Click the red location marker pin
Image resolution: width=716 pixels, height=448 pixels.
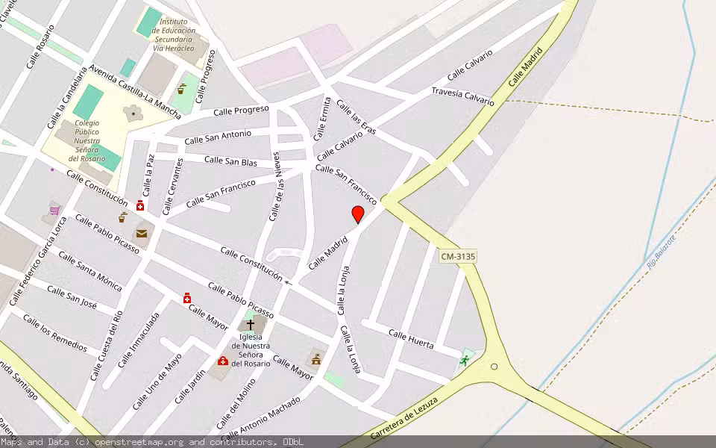pos(358,214)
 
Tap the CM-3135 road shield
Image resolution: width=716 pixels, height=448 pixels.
pos(458,256)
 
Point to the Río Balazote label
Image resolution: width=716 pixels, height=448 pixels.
pos(660,249)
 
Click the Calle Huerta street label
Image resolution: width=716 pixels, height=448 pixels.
pos(411,339)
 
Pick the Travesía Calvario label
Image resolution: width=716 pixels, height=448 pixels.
pos(462,96)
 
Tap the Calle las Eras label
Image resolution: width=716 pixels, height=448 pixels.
pos(357,118)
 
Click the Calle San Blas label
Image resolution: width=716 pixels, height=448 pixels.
pos(230,161)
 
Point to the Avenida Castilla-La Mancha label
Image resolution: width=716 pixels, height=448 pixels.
pos(134,92)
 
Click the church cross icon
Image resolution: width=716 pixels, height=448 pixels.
pos(250,325)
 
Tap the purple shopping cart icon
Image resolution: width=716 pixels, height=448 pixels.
pos(54,211)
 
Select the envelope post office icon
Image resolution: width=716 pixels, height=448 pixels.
pos(142,234)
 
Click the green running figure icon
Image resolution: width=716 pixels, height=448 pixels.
pos(465,361)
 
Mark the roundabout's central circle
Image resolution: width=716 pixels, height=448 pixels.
pos(494,367)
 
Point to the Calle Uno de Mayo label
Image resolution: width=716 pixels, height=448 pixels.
pos(157,382)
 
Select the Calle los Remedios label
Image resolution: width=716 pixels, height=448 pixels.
pos(55,333)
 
